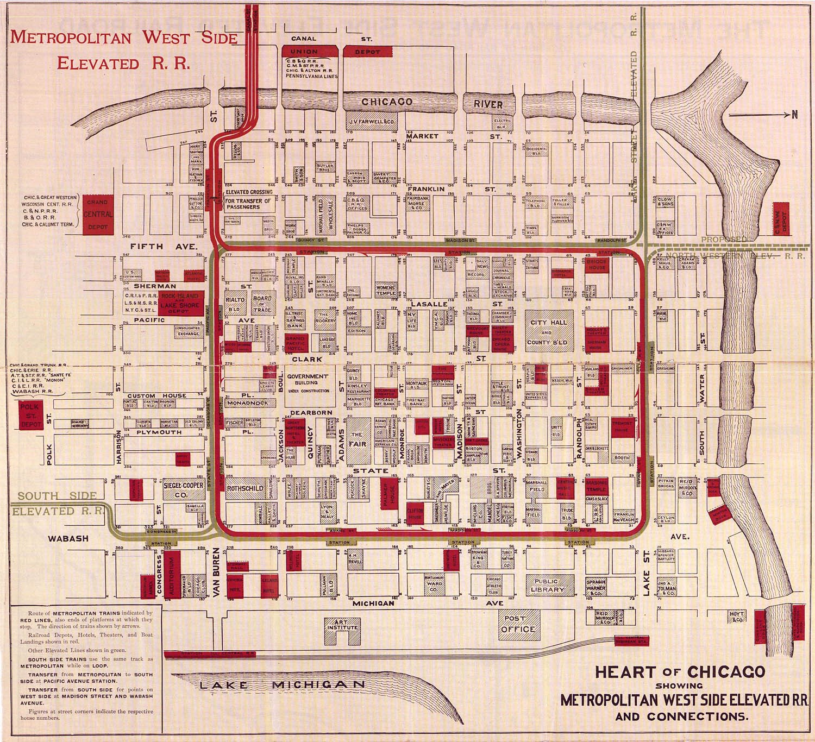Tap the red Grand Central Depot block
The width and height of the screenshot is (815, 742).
coord(98,214)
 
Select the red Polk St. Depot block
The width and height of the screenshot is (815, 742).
coord(30,416)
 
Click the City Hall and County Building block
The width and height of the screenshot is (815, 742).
coord(548,332)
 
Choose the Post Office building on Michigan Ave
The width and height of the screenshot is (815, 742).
coord(518,624)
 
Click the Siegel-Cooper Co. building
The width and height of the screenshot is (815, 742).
coord(184,490)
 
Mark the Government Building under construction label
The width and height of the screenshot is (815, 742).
coord(308,383)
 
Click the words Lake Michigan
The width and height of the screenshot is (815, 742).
coord(283,685)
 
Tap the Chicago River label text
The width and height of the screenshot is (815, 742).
coord(431,102)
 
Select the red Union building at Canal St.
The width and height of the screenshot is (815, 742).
coord(304,52)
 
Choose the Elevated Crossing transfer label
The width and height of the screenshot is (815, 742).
coord(248,199)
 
